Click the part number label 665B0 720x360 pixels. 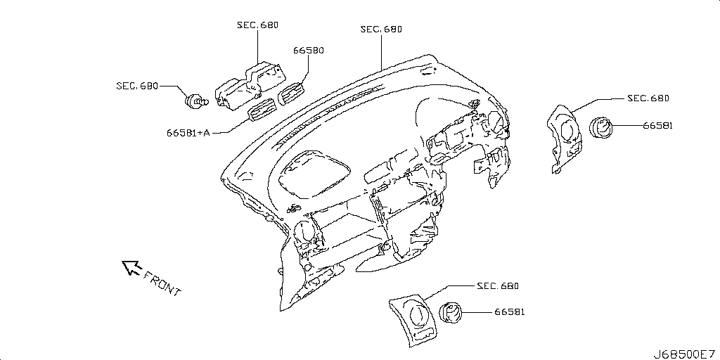[x=309, y=51]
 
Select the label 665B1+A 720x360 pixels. [x=188, y=133]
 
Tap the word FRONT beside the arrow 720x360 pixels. [x=162, y=283]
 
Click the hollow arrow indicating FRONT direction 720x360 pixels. [x=131, y=267]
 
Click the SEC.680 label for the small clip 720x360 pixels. [x=137, y=86]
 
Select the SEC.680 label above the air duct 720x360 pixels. [x=257, y=25]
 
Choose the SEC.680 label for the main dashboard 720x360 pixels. [x=381, y=29]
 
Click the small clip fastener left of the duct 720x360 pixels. [x=197, y=101]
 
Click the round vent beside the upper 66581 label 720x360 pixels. [x=600, y=128]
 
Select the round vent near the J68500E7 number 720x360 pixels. [x=451, y=313]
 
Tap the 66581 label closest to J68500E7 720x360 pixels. [x=510, y=312]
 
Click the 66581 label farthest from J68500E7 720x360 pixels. [x=657, y=125]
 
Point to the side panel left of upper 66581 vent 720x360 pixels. [x=564, y=139]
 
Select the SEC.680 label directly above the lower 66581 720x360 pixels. [x=498, y=286]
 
